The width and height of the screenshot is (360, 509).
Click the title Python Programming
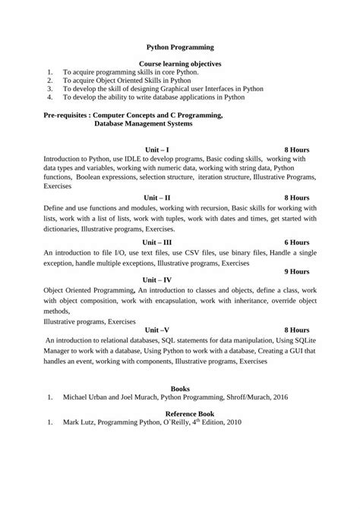180,46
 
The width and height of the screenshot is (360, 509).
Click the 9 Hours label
296,270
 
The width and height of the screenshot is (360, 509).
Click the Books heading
180,388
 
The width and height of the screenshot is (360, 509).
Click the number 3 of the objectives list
49,89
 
